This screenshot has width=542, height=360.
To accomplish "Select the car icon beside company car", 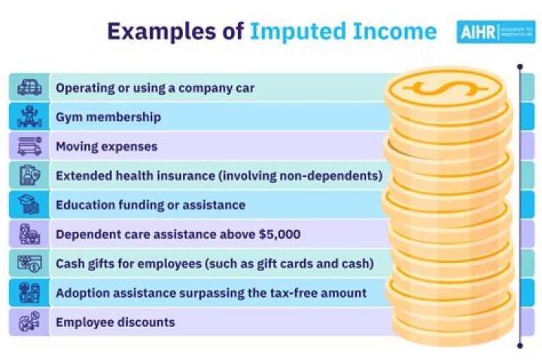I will click(x=29, y=87).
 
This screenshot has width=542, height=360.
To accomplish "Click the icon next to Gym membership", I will click(x=29, y=117).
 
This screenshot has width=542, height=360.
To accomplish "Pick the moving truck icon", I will click(x=29, y=146).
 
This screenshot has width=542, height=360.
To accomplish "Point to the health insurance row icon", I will click(x=29, y=175).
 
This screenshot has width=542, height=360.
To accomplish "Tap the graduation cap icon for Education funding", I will click(x=29, y=205).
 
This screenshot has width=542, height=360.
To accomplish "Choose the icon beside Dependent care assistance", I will click(x=29, y=234).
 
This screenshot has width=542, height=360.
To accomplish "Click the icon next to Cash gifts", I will click(x=29, y=264).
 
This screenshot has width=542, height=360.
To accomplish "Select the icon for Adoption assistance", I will click(x=29, y=293).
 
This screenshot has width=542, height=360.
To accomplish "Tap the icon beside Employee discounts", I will click(x=29, y=322).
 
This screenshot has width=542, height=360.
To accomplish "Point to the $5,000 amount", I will click(x=278, y=234).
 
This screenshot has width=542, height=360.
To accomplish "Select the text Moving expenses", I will click(x=106, y=146).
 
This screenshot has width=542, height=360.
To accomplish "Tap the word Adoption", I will click(x=82, y=293).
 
